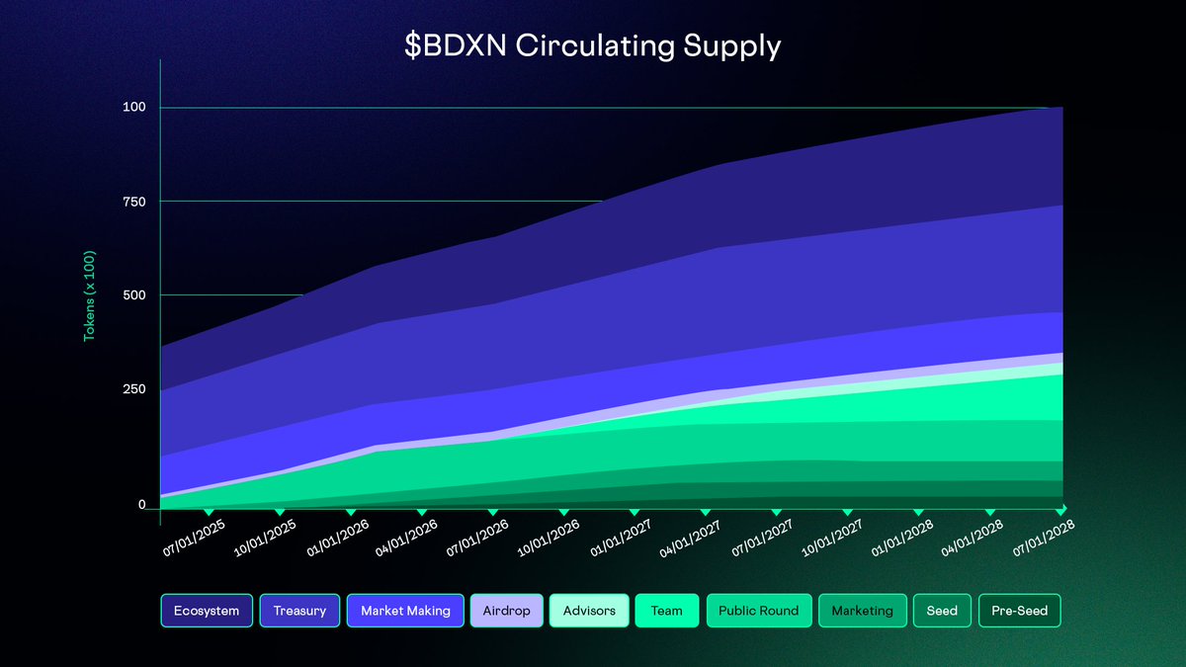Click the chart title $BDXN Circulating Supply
click(x=593, y=46)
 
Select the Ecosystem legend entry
click(x=207, y=611)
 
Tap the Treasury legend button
click(x=299, y=611)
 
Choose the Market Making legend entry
click(x=405, y=611)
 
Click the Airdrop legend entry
click(x=506, y=611)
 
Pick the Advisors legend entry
click(x=589, y=611)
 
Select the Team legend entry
click(x=666, y=611)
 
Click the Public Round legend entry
click(x=758, y=611)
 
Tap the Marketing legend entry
click(x=862, y=611)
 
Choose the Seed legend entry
click(x=941, y=611)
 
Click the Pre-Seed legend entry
click(x=1019, y=611)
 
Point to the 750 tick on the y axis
click(x=133, y=202)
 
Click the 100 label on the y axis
click(x=133, y=107)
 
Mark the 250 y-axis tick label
click(x=133, y=389)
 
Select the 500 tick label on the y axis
click(x=133, y=295)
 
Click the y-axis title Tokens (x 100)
click(x=89, y=295)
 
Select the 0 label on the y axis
click(x=141, y=505)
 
